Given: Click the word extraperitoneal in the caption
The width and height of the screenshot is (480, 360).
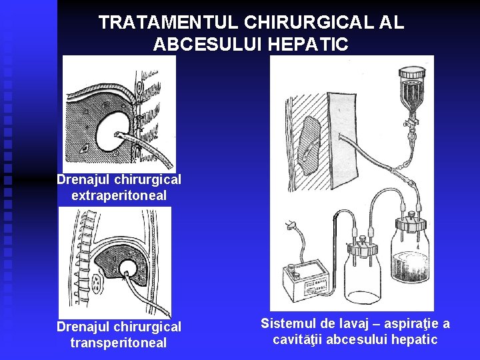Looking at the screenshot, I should coord(119,195).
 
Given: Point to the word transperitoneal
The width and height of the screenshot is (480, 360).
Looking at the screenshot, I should coord(119,343).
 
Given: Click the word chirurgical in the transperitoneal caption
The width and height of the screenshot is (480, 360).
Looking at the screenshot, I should coord(147,327).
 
